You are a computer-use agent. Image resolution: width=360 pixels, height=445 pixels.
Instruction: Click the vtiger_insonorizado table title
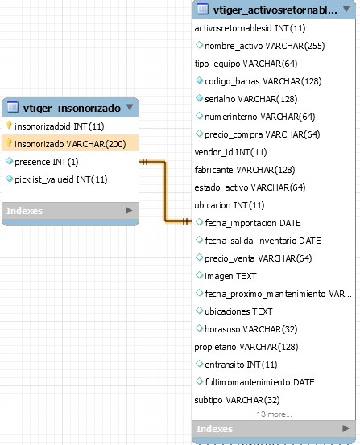(x=72, y=108)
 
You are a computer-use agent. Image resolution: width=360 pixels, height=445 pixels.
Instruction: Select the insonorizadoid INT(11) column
(x=59, y=126)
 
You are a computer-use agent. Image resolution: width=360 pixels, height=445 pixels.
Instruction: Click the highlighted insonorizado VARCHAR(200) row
(x=70, y=144)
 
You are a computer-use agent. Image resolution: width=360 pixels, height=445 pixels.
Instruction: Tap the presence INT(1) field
(x=47, y=162)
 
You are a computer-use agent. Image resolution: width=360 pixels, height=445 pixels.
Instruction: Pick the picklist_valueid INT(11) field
(x=60, y=179)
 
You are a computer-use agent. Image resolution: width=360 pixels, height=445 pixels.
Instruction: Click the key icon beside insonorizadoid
(x=9, y=126)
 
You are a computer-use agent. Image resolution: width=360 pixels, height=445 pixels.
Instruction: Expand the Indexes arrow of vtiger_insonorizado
(x=129, y=210)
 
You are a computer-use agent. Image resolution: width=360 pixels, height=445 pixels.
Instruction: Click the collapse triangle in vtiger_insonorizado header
(x=130, y=107)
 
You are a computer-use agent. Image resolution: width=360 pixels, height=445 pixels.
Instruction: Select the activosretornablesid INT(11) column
(x=250, y=28)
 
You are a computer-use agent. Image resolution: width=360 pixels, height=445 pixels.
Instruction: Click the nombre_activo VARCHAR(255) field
(x=264, y=46)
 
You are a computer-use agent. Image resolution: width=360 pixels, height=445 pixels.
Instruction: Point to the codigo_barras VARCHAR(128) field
(x=263, y=81)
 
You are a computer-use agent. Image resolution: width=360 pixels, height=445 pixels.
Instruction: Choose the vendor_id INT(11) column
(x=230, y=152)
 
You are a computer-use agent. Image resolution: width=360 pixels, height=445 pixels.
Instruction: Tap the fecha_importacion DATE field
(x=253, y=223)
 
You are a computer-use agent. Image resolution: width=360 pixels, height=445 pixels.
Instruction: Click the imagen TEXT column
(x=230, y=276)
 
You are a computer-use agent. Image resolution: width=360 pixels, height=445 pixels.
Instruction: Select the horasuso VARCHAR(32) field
(x=251, y=329)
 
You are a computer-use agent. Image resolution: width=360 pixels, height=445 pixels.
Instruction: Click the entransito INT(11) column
(x=241, y=365)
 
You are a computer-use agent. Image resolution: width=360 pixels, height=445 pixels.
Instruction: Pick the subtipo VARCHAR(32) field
(x=237, y=400)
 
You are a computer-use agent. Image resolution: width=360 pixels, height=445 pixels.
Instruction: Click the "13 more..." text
(x=274, y=414)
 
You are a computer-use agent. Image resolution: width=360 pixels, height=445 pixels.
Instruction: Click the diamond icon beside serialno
(x=199, y=98)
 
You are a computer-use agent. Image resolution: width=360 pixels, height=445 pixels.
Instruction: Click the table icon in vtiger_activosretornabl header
(x=203, y=9)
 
